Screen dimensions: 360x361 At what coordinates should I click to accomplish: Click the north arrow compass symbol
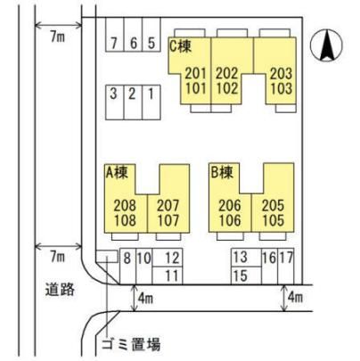(x=326, y=45)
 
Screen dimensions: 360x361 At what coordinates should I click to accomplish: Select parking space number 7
(x=115, y=35)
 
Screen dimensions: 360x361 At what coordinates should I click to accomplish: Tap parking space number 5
(x=151, y=35)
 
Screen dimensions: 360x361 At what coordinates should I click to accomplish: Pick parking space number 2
(x=133, y=103)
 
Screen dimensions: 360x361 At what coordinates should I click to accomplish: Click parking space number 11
(x=168, y=275)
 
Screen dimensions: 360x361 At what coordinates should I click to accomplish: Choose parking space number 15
(x=247, y=275)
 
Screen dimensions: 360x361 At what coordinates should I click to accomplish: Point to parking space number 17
(x=286, y=267)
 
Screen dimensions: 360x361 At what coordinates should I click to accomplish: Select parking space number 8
(x=127, y=267)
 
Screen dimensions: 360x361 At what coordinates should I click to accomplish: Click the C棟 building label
(x=180, y=46)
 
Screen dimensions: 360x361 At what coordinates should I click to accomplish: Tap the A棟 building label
(x=117, y=172)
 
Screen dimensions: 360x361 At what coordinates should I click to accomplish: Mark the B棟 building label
(x=222, y=172)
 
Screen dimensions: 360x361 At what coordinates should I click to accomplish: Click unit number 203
(x=281, y=73)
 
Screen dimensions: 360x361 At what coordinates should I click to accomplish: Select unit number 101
(x=196, y=88)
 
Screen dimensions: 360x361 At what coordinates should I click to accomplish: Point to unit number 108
(x=125, y=220)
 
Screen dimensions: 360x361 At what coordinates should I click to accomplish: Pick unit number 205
(x=273, y=205)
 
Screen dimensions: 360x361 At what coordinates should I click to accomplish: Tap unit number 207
(x=168, y=205)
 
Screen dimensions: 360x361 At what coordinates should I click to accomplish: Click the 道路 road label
(x=60, y=289)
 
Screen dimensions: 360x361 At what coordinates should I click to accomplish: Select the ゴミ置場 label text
(x=131, y=345)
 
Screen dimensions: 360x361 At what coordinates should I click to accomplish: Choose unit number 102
(x=227, y=88)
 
